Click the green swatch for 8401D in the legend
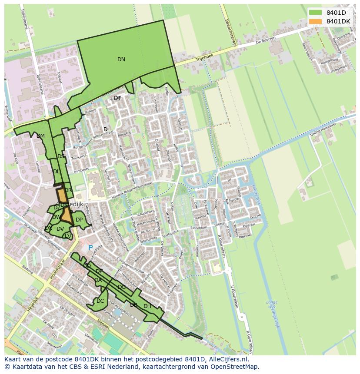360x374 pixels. pos(316,12)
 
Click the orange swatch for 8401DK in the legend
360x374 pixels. pos(316,21)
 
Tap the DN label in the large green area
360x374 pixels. pos(121,60)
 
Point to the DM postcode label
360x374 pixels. pos(40,136)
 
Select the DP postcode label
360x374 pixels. pos(79,220)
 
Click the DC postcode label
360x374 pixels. pos(100,301)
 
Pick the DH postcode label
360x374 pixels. pos(147,306)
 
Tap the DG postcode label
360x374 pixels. pos(122,287)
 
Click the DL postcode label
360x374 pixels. pos(57,172)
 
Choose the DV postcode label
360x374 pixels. pos(60,229)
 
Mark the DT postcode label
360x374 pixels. pos(117,98)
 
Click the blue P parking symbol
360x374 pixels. pos(90,248)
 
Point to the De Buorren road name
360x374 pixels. pos(265,42)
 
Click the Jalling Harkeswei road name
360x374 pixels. pos(323,129)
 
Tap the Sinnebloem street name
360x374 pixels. pos(199,227)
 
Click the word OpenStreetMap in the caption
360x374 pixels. pos(235,367)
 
